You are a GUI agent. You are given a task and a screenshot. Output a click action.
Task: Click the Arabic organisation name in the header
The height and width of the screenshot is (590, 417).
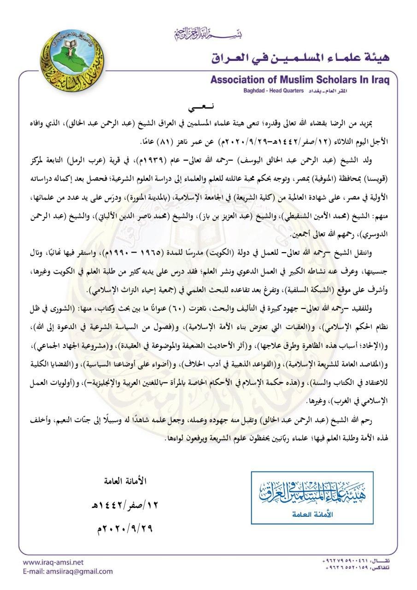[300, 58]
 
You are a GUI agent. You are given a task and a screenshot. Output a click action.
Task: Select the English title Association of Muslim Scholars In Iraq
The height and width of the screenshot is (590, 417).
[300, 80]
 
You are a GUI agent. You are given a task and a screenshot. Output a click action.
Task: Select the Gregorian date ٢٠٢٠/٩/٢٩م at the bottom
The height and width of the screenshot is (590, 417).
[125, 528]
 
